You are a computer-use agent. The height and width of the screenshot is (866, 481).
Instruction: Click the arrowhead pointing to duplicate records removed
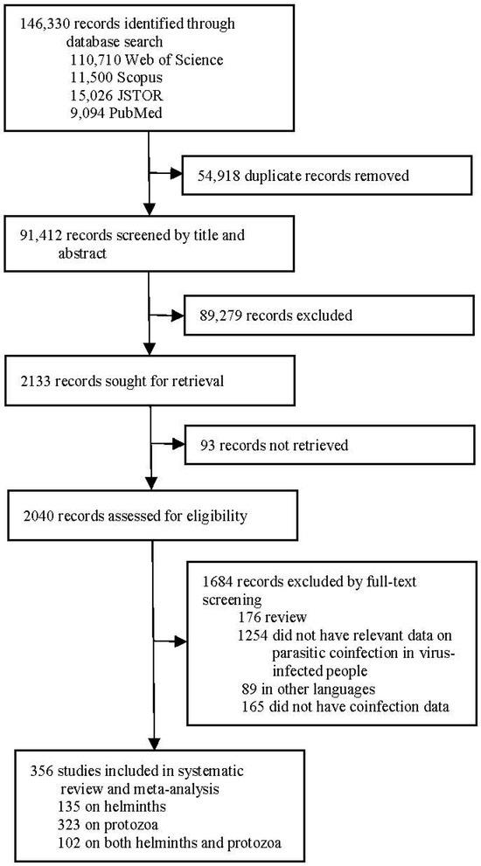point(175,174)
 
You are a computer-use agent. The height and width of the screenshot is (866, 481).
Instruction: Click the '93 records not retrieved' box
point(329,445)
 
